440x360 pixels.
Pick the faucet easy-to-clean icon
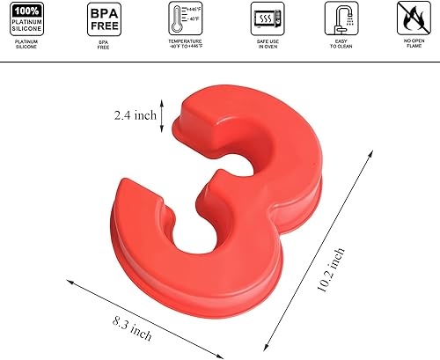(x=338, y=18)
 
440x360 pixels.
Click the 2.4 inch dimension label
(x=136, y=115)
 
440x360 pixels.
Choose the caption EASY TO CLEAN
(x=338, y=45)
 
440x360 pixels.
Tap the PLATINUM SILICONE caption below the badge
(x=29, y=45)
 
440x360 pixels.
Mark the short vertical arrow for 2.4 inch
(x=161, y=114)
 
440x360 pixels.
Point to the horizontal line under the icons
(x=220, y=60)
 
